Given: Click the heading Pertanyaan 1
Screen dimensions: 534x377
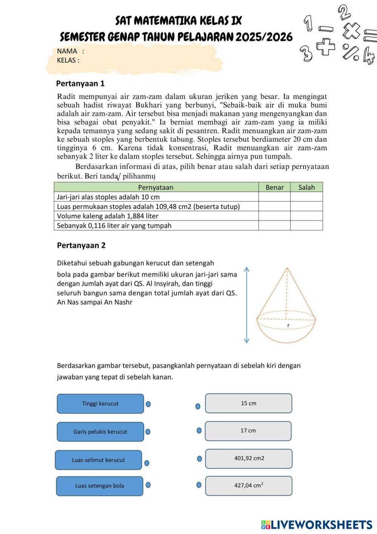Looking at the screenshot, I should click(80, 83).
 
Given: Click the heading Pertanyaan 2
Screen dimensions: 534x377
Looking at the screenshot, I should click(81, 245).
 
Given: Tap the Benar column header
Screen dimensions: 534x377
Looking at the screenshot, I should click(274, 187).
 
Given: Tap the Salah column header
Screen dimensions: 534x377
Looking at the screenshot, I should click(306, 187).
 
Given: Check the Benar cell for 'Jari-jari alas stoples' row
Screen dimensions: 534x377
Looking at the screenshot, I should click(274, 197).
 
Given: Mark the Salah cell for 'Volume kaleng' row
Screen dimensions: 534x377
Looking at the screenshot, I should click(306, 216).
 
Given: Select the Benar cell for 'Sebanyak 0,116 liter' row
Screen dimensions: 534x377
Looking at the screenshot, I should click(274, 225).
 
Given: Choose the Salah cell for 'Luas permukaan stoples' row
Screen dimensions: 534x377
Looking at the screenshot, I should click(306, 207).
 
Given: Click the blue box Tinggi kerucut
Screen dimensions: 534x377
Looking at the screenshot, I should click(100, 404).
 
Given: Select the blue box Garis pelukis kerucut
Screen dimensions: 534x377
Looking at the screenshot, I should click(100, 432).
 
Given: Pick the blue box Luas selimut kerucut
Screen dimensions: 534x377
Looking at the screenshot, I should click(98, 460).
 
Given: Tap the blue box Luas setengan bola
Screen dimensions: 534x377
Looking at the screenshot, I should click(100, 486).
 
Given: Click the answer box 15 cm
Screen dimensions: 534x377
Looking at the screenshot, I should click(249, 403).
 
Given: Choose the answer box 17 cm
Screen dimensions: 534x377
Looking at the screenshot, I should click(248, 431).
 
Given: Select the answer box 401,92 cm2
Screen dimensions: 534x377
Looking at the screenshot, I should click(249, 458).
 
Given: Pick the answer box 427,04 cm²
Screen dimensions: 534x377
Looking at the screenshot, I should click(249, 486).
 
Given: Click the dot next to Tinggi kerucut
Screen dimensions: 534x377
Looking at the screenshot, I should click(148, 404).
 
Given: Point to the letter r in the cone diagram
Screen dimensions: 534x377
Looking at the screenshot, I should click(288, 325).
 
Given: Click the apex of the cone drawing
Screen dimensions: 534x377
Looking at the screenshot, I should click(288, 268).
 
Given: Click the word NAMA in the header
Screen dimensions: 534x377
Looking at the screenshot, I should click(67, 51).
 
